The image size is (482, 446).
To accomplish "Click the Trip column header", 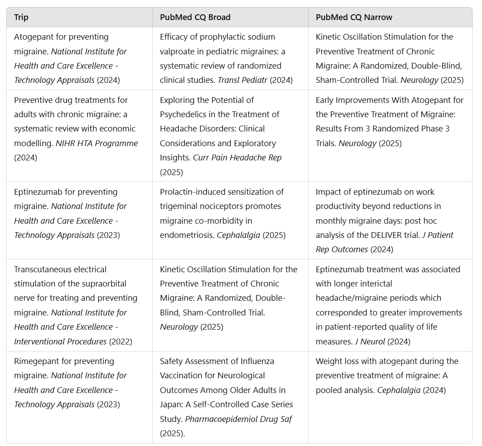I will tap(21, 17).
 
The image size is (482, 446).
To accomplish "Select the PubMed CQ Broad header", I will tap(195, 17).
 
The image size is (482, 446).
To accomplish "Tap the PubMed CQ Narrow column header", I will tap(354, 17).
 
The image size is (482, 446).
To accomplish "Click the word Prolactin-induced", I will tap(192, 192).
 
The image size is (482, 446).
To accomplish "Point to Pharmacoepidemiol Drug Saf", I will tap(239, 419).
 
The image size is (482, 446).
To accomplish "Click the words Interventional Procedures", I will tap(61, 341).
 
